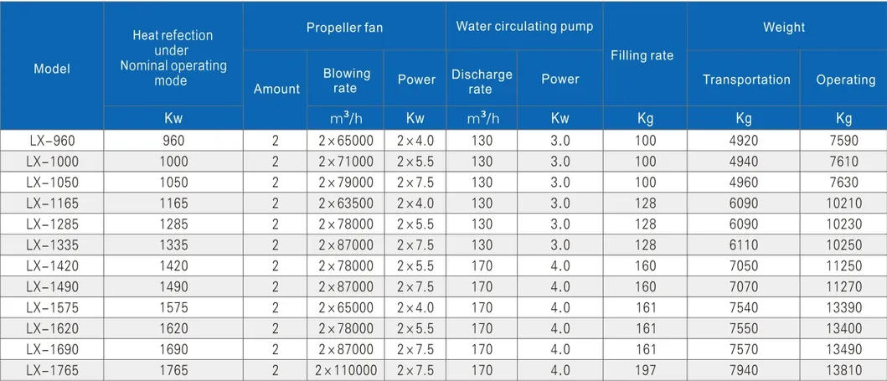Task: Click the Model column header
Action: (x=52, y=70)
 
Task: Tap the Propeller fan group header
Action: (x=344, y=28)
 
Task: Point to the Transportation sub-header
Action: (x=745, y=80)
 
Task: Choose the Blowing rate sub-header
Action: (x=345, y=81)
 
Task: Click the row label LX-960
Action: (x=52, y=140)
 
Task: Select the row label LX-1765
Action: (x=52, y=370)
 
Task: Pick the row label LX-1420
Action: (x=52, y=265)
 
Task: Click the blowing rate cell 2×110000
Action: (x=345, y=370)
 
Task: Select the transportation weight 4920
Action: (x=745, y=140)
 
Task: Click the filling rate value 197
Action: (x=645, y=370)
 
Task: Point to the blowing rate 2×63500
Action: (x=345, y=203)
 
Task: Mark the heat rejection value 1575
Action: (x=174, y=307)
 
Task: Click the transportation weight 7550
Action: (x=745, y=328)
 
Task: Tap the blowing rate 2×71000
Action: (x=345, y=161)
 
